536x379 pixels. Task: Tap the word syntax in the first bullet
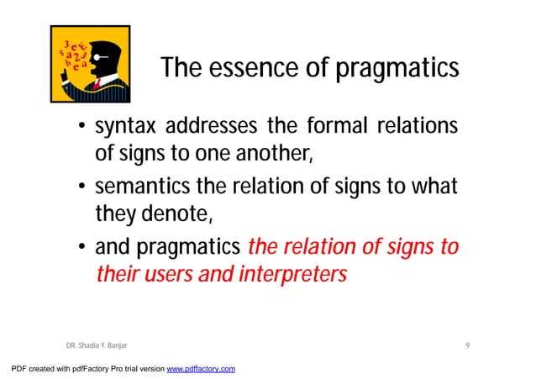click(126, 129)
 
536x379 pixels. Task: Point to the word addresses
click(213, 129)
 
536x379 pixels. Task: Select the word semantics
click(142, 187)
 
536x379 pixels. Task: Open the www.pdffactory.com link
click(201, 369)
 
